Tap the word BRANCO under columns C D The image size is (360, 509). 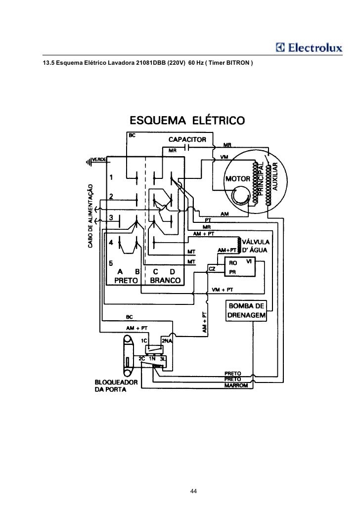point(165,280)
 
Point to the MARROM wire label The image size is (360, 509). point(235,385)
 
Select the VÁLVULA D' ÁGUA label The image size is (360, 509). point(255,245)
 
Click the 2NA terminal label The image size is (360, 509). point(166,340)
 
